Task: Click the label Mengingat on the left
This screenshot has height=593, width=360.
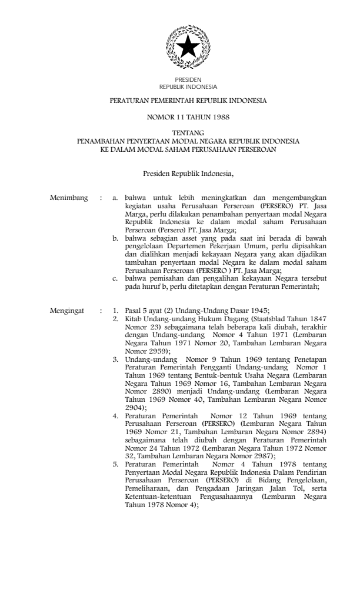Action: pos(66,310)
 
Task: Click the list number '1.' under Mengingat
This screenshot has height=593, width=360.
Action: pos(116,310)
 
